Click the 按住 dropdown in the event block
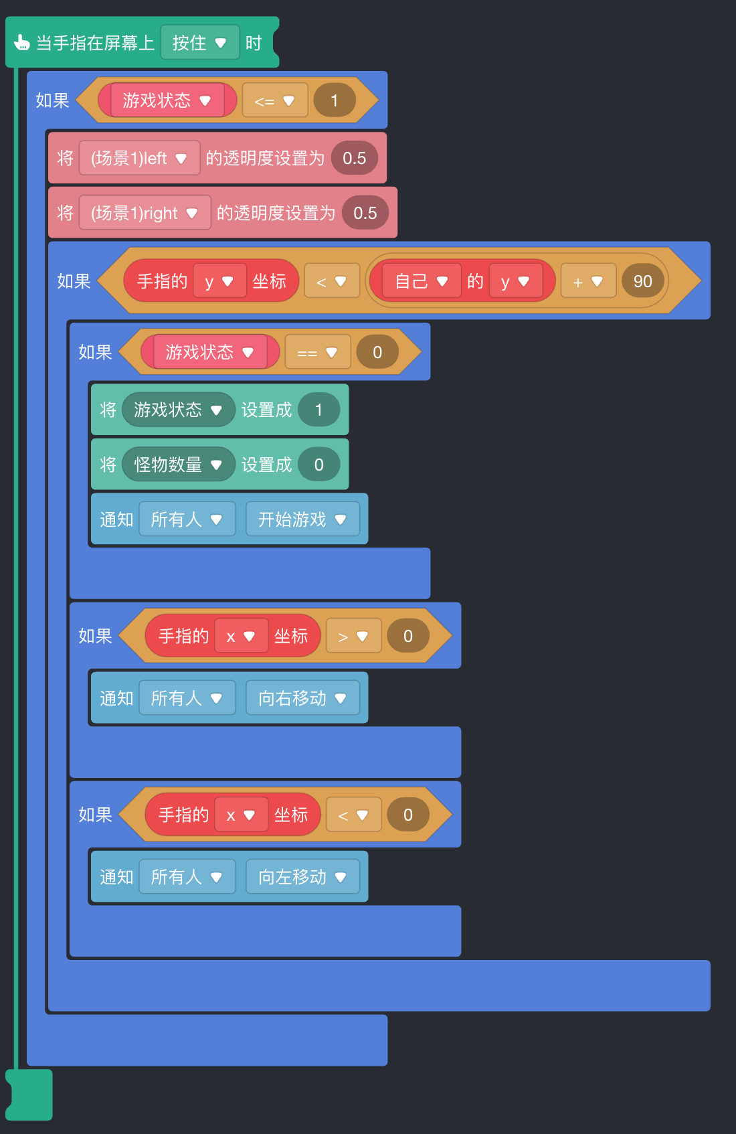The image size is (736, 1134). [199, 43]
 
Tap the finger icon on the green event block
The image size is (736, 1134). [21, 43]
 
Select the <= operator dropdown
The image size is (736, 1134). [274, 100]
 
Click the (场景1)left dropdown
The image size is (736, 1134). [139, 158]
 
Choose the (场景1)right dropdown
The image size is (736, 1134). [145, 213]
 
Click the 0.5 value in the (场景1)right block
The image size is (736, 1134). [365, 213]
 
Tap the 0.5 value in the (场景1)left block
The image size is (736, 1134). [354, 158]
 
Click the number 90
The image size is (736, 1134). [642, 281]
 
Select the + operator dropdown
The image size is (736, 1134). [587, 281]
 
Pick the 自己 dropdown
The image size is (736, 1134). [421, 281]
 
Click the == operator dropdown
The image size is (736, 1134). [317, 352]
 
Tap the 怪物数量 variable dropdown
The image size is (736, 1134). [178, 465]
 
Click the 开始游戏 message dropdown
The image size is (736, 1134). [302, 519]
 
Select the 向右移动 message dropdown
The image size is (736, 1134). [302, 698]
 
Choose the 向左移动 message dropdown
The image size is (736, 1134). [302, 877]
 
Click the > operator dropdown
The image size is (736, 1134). [353, 636]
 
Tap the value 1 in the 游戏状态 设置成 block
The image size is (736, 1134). [318, 410]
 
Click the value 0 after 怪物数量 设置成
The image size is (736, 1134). [318, 465]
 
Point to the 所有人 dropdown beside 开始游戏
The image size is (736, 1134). [187, 519]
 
